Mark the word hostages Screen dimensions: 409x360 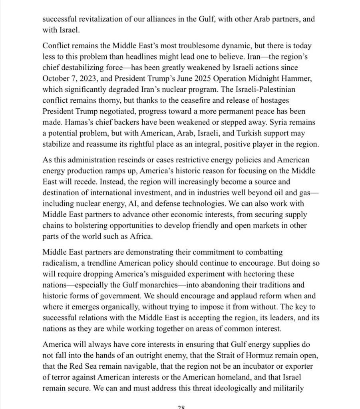point(275,99)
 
